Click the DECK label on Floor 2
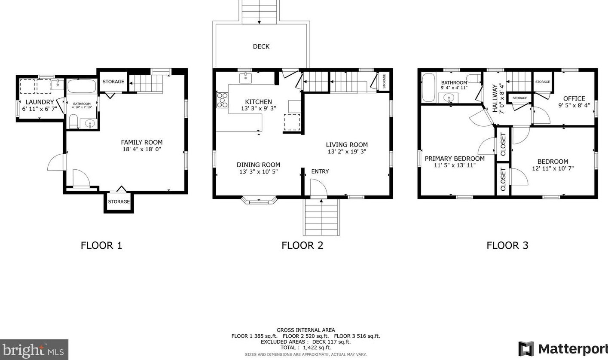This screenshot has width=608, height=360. coord(261,46)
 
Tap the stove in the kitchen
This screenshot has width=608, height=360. coord(222,100)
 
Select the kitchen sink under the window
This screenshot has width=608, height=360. coord(245,78)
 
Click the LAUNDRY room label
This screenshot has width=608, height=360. coord(40,102)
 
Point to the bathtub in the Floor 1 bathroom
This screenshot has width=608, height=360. coord(82,86)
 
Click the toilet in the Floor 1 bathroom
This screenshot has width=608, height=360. coord(73,121)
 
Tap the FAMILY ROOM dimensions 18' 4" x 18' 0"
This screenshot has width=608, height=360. coord(141,149)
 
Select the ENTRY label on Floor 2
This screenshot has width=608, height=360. coord(320,171)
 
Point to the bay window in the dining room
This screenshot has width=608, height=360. coord(259,200)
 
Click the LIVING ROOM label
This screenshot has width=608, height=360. coord(346,145)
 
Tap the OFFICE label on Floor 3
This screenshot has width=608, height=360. coord(574,98)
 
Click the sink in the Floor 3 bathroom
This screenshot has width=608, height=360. coord(449,98)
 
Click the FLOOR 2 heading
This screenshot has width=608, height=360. coord(302,245)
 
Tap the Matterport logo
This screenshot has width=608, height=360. coord(563,348)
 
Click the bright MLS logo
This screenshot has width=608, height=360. coord(34,350)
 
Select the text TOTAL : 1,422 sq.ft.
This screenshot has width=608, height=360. coord(305,348)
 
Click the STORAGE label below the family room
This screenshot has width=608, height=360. coord(119,201)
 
